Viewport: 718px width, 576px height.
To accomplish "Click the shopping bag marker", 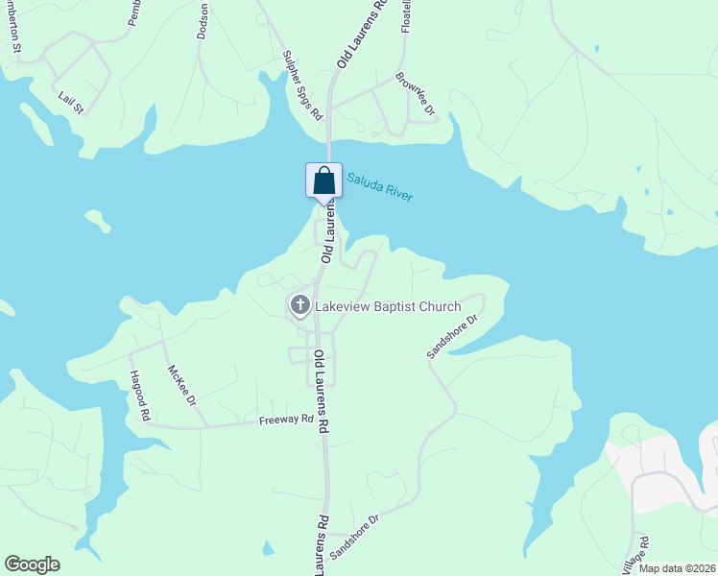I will click(323, 180).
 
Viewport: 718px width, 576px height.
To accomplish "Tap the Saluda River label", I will click(379, 185).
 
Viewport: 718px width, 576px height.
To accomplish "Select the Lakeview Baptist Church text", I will click(388, 307).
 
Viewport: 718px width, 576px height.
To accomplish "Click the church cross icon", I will click(299, 306).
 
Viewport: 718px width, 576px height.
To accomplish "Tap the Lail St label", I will click(71, 103).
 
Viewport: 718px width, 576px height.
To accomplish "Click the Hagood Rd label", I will click(140, 396).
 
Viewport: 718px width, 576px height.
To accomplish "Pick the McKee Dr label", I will click(181, 384).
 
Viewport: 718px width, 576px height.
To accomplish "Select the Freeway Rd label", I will click(286, 420).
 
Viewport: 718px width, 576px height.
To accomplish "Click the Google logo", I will click(32, 564).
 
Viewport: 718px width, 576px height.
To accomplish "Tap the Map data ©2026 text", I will click(677, 568).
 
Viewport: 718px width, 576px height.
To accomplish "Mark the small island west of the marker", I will click(98, 221).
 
